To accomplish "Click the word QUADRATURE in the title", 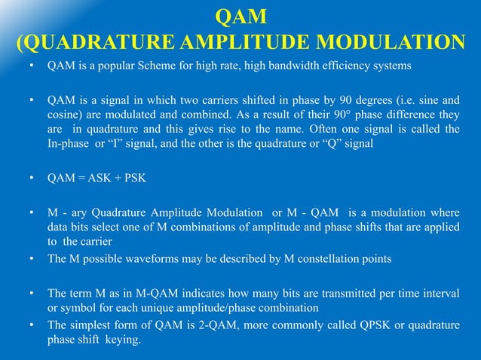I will [111, 42].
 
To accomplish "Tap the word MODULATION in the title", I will [391, 42].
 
